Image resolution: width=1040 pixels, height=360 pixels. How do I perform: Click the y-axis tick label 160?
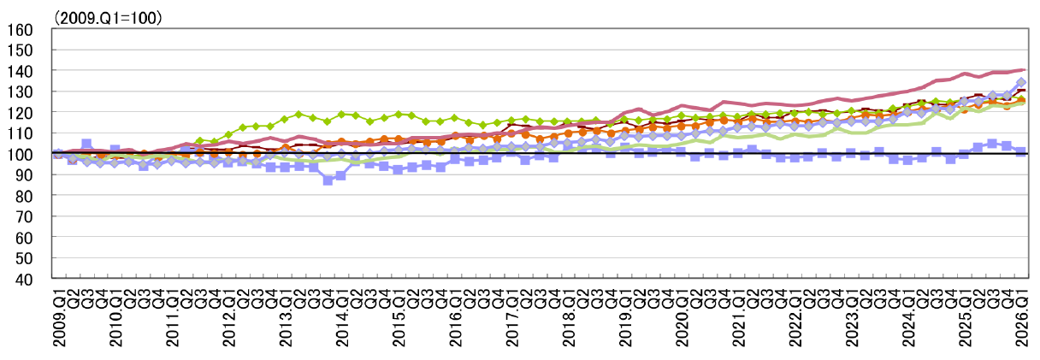pyautogui.click(x=20, y=30)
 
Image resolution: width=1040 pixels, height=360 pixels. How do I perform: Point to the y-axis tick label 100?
pyautogui.click(x=20, y=155)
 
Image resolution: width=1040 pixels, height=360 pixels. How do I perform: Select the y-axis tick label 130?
pyautogui.click(x=20, y=91)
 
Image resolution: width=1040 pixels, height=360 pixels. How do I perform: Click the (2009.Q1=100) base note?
pyautogui.click(x=108, y=18)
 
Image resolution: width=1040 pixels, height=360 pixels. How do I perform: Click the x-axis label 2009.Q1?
pyautogui.click(x=59, y=316)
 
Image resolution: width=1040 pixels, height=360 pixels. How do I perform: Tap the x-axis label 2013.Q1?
pyautogui.click(x=286, y=316)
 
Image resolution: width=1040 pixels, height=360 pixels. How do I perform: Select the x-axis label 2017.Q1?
pyautogui.click(x=512, y=316)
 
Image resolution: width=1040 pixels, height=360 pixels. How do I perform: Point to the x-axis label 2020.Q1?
pyautogui.click(x=682, y=316)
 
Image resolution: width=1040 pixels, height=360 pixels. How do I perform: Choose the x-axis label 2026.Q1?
pyautogui.click(x=1022, y=316)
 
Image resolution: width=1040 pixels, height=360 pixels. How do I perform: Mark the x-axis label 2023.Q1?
pyautogui.click(x=852, y=316)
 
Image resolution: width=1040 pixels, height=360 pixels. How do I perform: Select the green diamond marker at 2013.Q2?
pyautogui.click(x=299, y=114)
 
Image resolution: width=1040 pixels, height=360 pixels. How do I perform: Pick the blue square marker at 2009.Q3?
pyautogui.click(x=87, y=144)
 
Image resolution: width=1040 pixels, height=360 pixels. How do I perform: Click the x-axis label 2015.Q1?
pyautogui.click(x=399, y=316)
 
